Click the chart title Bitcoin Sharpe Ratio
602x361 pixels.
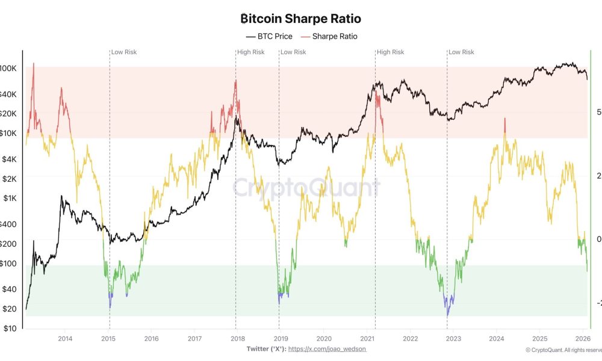pyautogui.click(x=301, y=19)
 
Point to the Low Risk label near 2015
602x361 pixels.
pyautogui.click(x=124, y=52)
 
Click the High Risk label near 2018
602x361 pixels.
pyautogui.click(x=250, y=52)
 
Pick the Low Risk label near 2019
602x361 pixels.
pyautogui.click(x=293, y=52)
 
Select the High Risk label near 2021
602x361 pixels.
pyautogui.click(x=390, y=52)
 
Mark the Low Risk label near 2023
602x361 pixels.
pyautogui.click(x=461, y=52)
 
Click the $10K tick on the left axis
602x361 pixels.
pyautogui.click(x=10, y=133)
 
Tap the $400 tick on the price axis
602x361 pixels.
pyautogui.click(x=10, y=224)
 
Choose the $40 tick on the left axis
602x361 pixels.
pyautogui.click(x=11, y=289)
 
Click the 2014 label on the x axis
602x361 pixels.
pyautogui.click(x=65, y=339)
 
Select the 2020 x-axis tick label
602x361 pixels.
pyautogui.click(x=323, y=339)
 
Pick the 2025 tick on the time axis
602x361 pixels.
pyautogui.click(x=539, y=339)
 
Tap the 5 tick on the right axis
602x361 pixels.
pyautogui.click(x=597, y=112)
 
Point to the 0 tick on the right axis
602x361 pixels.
pyautogui.click(x=597, y=239)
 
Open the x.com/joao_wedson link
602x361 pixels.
pyautogui.click(x=327, y=349)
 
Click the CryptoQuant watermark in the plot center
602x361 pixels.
pyautogui.click(x=306, y=188)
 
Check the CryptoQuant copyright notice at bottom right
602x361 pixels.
pyautogui.click(x=562, y=350)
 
